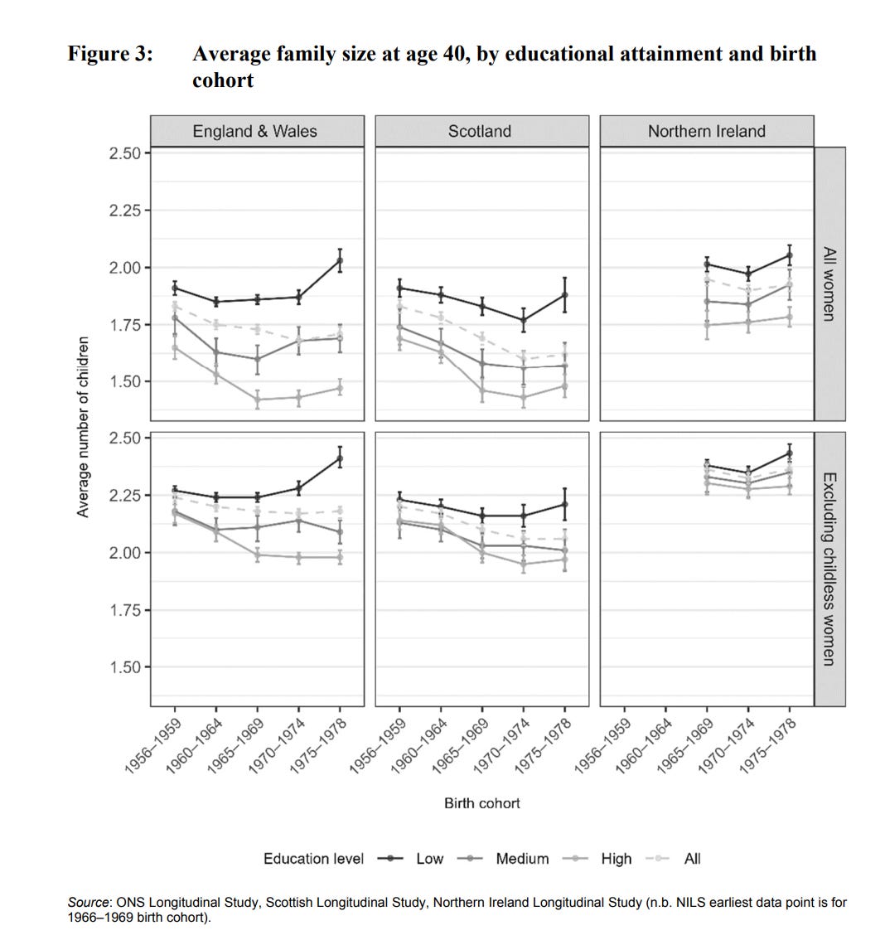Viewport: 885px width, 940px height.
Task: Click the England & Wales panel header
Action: point(256,131)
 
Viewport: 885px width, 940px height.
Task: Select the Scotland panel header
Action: point(481,131)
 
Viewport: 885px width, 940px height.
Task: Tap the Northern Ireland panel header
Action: point(706,131)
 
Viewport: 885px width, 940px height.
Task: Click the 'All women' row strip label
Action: point(829,283)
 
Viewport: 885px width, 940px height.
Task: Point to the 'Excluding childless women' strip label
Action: point(829,568)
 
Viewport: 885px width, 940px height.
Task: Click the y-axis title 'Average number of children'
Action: point(83,427)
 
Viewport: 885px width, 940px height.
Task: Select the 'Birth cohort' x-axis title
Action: point(481,802)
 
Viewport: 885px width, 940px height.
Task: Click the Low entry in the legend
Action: point(429,859)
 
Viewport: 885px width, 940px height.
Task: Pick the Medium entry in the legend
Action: point(522,859)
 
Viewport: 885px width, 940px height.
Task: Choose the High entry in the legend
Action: point(616,859)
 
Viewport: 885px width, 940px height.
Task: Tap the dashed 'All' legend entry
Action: point(692,859)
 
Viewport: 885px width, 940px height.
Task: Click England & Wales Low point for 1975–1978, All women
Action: point(340,260)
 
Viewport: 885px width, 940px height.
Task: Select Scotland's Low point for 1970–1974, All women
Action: point(523,320)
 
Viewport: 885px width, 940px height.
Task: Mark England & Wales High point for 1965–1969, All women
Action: point(257,400)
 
